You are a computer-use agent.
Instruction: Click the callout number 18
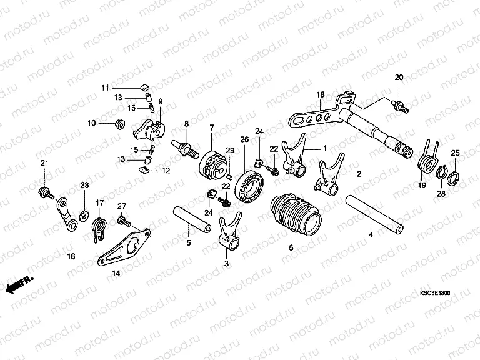[320, 94]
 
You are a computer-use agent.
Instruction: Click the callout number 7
[212, 127]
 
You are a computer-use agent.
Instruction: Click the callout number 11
[106, 87]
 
